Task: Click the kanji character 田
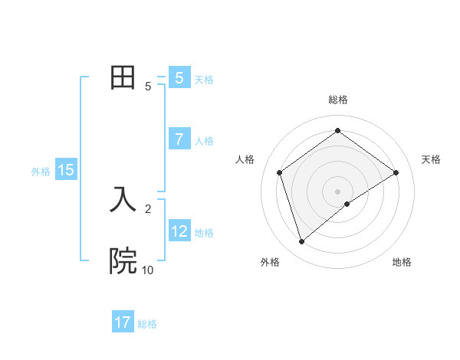tap(123, 78)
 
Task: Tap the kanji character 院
tap(123, 261)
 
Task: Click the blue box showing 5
tap(179, 78)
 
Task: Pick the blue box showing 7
tap(179, 139)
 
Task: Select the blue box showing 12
tap(179, 231)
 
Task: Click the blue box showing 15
tap(66, 170)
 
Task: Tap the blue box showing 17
tap(123, 322)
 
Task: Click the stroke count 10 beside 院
tap(147, 270)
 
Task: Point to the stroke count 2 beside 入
tap(148, 208)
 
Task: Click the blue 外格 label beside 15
tap(41, 172)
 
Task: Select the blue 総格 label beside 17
tap(147, 324)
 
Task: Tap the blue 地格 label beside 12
tap(204, 232)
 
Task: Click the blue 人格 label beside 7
tap(204, 141)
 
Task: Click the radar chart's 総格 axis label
tap(337, 100)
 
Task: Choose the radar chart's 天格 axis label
tap(431, 159)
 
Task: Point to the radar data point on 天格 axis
tap(396, 172)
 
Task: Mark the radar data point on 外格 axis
tap(301, 242)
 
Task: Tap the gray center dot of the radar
tap(337, 191)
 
